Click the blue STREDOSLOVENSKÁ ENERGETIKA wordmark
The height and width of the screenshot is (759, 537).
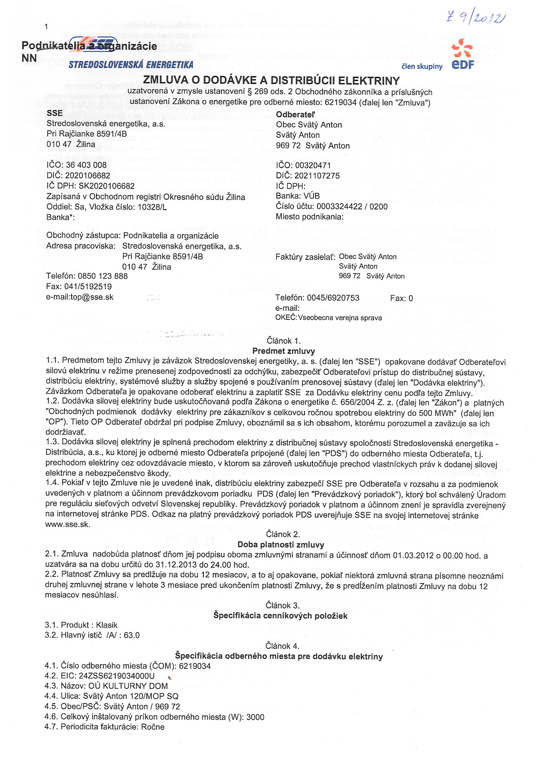point(131,65)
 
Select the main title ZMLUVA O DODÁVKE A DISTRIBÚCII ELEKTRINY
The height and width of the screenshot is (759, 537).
point(271,80)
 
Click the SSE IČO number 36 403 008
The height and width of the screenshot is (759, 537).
point(86,165)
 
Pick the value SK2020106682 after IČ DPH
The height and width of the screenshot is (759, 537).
point(106,186)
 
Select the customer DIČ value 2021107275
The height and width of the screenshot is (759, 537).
point(317,176)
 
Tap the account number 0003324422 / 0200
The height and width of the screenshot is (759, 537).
point(352,207)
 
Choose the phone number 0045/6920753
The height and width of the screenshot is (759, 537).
point(333,298)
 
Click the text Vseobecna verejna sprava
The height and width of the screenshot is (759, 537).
point(339,318)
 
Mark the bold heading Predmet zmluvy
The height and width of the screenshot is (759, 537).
point(283,351)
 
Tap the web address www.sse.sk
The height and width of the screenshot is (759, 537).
point(67,524)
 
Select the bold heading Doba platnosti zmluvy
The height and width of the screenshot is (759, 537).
point(280,544)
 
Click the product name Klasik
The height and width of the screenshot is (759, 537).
point(106,625)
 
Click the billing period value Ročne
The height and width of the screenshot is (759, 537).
point(153,727)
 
